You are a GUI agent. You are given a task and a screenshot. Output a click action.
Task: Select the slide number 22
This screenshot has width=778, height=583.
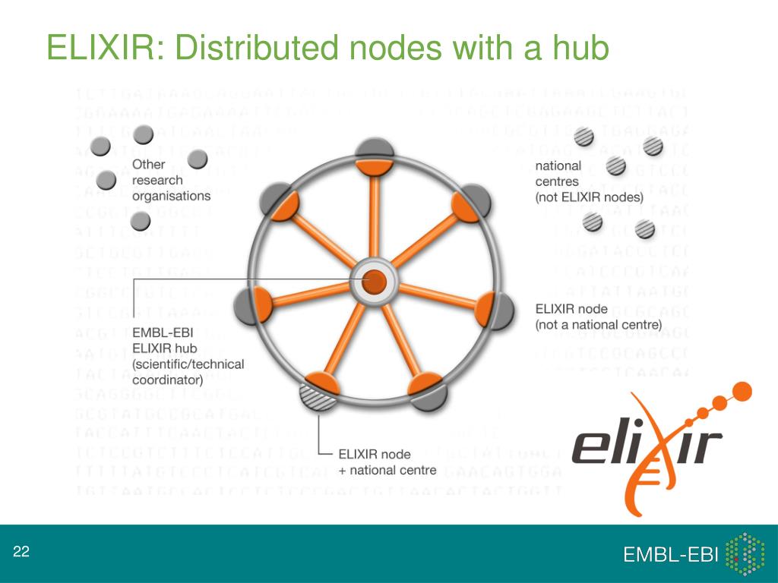(21, 552)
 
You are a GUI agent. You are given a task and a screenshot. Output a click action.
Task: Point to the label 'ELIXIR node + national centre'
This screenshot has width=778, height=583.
(387, 462)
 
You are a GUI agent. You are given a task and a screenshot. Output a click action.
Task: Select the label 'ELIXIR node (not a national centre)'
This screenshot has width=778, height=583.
(599, 317)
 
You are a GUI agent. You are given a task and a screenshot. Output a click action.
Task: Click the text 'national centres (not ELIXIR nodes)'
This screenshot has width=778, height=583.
(589, 181)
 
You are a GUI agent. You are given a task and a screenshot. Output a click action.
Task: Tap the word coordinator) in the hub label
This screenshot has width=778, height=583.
(167, 380)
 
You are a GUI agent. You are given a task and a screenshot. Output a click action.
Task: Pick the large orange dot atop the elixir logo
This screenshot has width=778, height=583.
(742, 392)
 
